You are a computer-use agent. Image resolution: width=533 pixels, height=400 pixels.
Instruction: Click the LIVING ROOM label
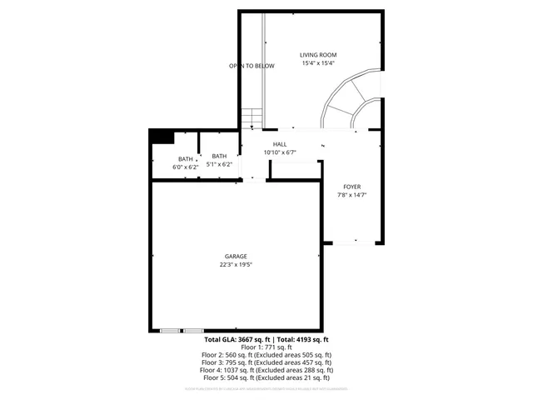point(318,55)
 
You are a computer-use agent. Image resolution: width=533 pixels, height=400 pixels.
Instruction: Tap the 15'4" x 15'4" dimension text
point(318,63)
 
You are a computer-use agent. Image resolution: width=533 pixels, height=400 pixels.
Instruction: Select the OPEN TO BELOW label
point(252,66)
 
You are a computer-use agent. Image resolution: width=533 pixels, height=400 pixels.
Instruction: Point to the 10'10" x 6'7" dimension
point(280,152)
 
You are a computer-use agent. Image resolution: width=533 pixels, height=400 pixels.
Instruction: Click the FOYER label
point(351,187)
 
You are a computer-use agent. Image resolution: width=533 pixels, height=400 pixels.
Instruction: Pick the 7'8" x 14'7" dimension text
point(351,195)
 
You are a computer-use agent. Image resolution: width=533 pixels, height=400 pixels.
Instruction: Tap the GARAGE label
point(236,256)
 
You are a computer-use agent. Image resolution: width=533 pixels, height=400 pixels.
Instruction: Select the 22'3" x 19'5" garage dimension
point(236,264)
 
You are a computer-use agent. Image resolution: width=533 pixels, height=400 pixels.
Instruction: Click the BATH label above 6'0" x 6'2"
point(185,159)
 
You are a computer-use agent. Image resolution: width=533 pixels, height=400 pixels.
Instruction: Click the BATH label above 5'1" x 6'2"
point(219,156)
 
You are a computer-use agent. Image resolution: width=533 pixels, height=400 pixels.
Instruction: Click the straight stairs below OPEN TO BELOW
point(252,119)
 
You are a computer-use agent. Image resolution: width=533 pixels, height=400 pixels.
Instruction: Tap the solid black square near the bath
point(160,137)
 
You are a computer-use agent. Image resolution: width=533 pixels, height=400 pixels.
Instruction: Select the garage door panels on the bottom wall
point(182,330)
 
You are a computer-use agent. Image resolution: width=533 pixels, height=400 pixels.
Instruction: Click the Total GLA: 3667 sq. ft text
point(236,340)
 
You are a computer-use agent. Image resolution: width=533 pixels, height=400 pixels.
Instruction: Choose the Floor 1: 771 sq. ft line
point(266,347)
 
